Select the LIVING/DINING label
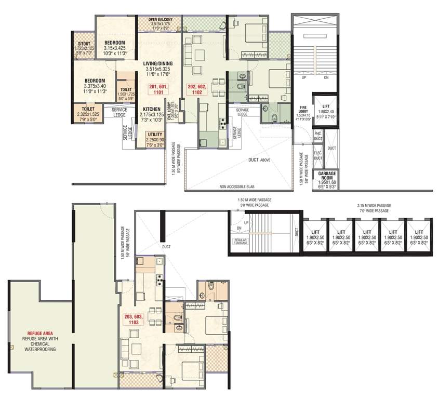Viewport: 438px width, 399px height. [x=158, y=63]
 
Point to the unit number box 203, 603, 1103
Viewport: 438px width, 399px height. [x=134, y=320]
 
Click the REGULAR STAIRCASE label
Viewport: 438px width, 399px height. [x=240, y=241]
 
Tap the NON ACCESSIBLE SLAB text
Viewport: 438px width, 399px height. [x=237, y=185]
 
